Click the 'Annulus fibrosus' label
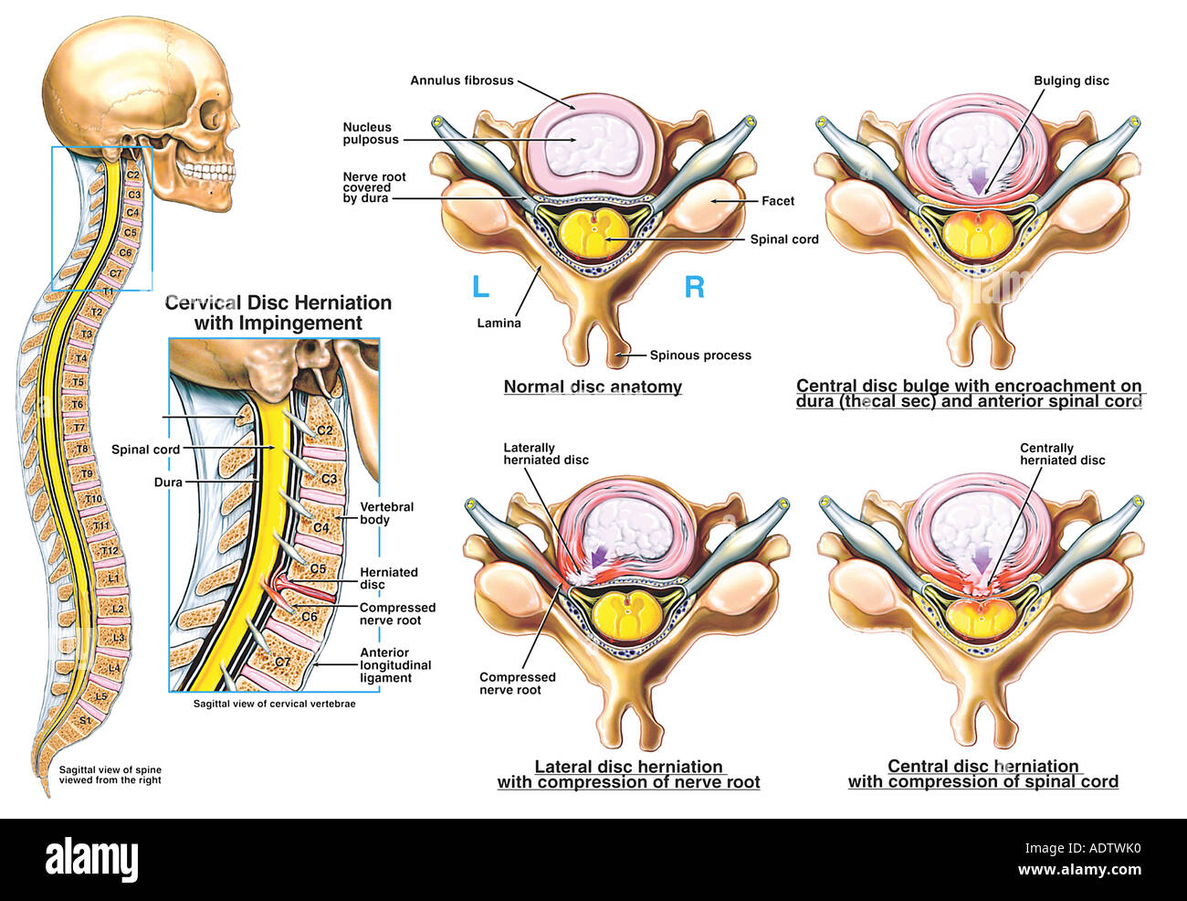pyautogui.click(x=461, y=80)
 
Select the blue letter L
pyautogui.click(x=480, y=287)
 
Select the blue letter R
pyautogui.click(x=694, y=287)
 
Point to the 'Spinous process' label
pyautogui.click(x=700, y=355)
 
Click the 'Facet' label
pyautogui.click(x=778, y=201)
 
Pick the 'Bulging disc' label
pyautogui.click(x=1071, y=80)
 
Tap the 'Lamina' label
pyautogui.click(x=499, y=323)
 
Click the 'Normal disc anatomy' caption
pyautogui.click(x=593, y=387)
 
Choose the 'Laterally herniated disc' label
pyautogui.click(x=545, y=453)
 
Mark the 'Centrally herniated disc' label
pyautogui.click(x=1062, y=453)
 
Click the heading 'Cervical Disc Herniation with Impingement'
pyautogui.click(x=278, y=313)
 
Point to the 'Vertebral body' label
pyautogui.click(x=386, y=513)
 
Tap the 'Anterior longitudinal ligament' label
pyautogui.click(x=394, y=665)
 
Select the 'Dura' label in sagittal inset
pyautogui.click(x=168, y=482)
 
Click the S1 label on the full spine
pyautogui.click(x=84, y=720)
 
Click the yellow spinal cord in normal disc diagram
pyautogui.click(x=593, y=234)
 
